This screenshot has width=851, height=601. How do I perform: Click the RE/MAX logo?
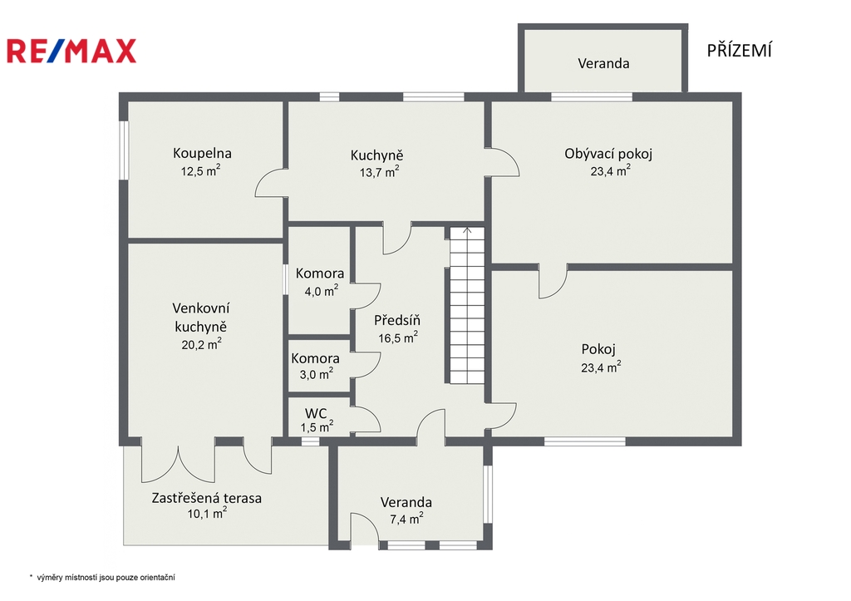click(x=71, y=51)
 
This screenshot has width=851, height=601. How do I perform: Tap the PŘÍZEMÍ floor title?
click(x=739, y=50)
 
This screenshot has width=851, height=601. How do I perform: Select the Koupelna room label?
click(x=202, y=153)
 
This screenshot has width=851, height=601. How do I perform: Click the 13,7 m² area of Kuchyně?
click(x=379, y=171)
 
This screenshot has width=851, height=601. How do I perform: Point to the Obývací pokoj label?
click(x=608, y=154)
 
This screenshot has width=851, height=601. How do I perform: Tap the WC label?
click(x=317, y=413)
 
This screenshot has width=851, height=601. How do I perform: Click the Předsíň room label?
click(x=396, y=320)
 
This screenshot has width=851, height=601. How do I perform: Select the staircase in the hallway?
click(x=467, y=306)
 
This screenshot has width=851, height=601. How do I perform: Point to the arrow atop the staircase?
click(x=467, y=231)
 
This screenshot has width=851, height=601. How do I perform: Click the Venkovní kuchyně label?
click(x=201, y=317)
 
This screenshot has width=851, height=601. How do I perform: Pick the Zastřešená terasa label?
click(x=206, y=498)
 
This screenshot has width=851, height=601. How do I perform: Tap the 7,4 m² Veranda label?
click(x=406, y=510)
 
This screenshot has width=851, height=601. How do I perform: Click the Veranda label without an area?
click(x=603, y=63)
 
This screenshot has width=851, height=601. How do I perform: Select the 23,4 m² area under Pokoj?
click(x=601, y=367)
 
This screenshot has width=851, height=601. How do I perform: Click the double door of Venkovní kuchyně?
click(x=179, y=461)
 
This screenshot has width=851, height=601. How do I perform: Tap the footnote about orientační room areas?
click(x=102, y=578)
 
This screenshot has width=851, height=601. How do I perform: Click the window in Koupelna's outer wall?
click(x=125, y=150)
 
